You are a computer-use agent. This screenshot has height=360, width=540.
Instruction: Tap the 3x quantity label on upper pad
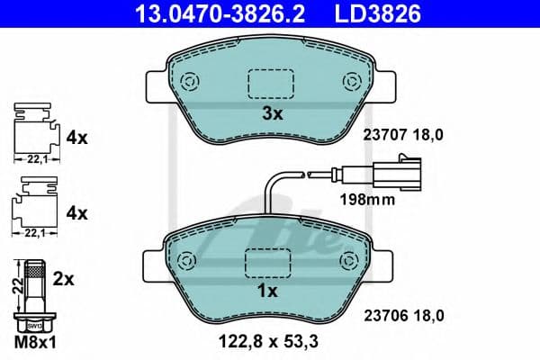pyautogui.click(x=272, y=114)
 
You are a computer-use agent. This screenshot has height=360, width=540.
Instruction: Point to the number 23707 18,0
pyautogui.click(x=403, y=135)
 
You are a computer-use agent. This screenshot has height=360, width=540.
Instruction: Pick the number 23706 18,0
pyautogui.click(x=403, y=315)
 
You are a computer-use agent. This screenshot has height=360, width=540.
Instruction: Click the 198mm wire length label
pyautogui.click(x=368, y=200)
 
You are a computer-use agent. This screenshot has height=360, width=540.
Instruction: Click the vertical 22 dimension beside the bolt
pyautogui.click(x=14, y=286)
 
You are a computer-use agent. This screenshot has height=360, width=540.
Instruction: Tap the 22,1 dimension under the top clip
pyautogui.click(x=32, y=157)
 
